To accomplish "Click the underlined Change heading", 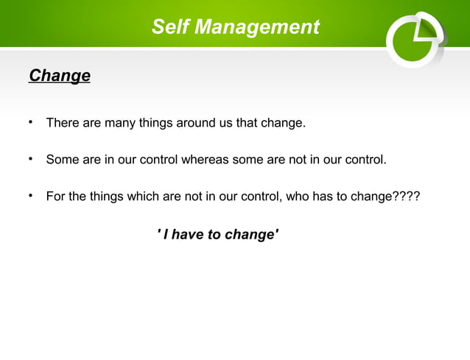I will pyautogui.click(x=59, y=76).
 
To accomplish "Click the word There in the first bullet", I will pyautogui.click(x=63, y=123).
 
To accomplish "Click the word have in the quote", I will pyautogui.click(x=189, y=235).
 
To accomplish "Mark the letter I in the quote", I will pyautogui.click(x=166, y=235).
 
